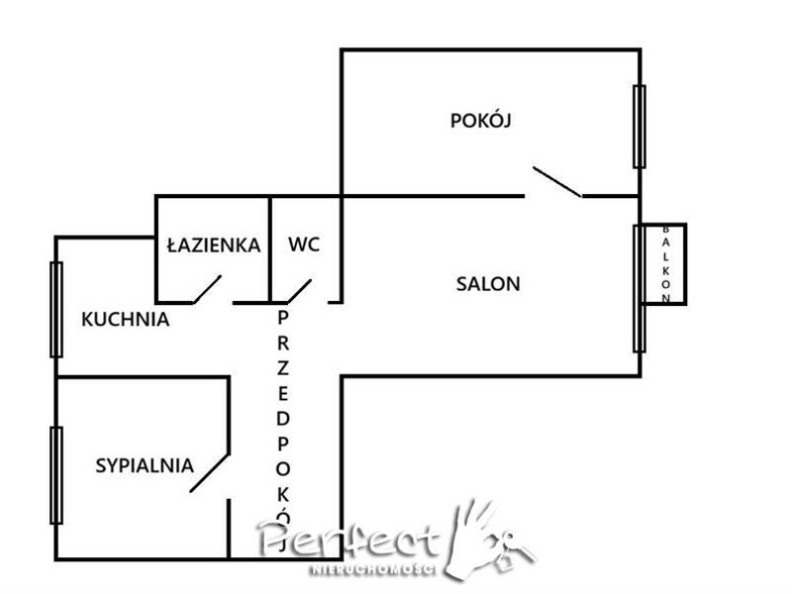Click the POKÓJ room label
(481, 121)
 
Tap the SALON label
(488, 284)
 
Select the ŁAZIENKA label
(214, 245)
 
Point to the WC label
(304, 245)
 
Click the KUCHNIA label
(126, 320)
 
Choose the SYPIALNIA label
(145, 465)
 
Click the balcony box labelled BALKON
(663, 264)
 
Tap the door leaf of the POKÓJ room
(557, 181)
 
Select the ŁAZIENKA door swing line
(207, 289)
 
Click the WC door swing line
(299, 291)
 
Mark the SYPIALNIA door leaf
(210, 473)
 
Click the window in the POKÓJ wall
(639, 127)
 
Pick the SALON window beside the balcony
(639, 288)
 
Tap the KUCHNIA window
(56, 310)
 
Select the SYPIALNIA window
(56, 475)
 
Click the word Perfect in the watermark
(348, 541)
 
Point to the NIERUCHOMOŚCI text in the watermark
(372, 570)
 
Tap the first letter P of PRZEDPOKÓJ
(283, 318)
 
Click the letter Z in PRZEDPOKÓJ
(283, 368)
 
